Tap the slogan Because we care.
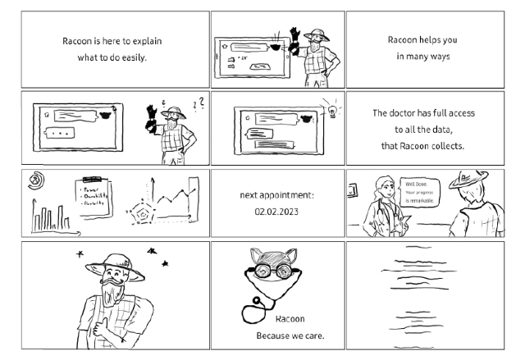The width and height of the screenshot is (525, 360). click(x=290, y=336)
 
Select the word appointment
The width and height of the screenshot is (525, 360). click(x=287, y=195)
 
